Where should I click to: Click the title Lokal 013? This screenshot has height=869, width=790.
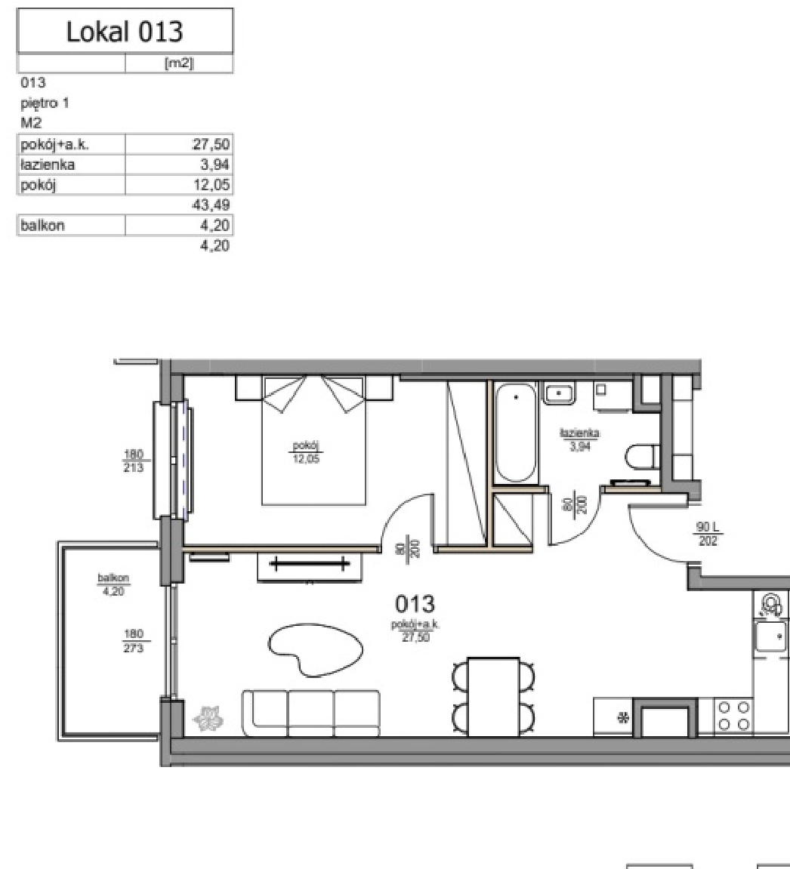[124, 32]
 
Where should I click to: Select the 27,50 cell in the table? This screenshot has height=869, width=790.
[211, 145]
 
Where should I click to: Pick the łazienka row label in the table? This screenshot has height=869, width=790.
[48, 165]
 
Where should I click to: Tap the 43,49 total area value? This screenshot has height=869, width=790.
[211, 205]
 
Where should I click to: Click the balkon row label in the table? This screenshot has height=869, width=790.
[42, 226]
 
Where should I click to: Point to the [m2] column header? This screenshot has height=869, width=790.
[179, 63]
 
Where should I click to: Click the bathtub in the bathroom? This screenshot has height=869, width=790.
[516, 433]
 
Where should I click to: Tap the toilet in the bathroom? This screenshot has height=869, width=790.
[642, 458]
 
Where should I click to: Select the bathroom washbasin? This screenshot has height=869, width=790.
[559, 393]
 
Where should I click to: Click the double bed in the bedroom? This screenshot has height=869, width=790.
[313, 441]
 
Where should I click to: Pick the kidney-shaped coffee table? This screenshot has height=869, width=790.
[316, 649]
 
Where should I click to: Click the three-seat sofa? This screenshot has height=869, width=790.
[311, 713]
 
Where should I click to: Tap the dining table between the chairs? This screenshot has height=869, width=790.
[494, 697]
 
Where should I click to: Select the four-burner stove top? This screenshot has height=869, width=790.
[734, 716]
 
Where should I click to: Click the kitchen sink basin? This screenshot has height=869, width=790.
[772, 636]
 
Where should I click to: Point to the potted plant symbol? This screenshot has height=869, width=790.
[208, 718]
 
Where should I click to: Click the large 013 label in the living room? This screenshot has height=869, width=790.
[415, 603]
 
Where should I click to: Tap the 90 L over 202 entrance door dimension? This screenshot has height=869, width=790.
[708, 534]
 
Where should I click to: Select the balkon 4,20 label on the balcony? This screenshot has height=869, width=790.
[113, 584]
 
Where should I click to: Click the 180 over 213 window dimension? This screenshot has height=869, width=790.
[134, 461]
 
